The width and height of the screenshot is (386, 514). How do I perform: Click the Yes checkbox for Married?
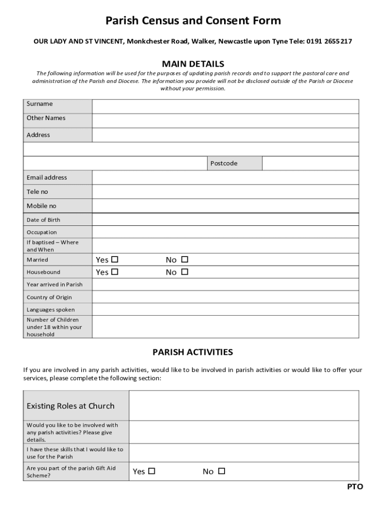tap(115, 260)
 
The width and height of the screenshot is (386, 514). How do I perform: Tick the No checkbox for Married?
tap(184, 260)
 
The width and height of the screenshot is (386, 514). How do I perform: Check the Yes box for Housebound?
tap(115, 272)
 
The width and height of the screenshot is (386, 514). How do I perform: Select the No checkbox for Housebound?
tap(184, 272)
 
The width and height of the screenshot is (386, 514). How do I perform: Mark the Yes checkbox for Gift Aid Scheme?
tap(152, 471)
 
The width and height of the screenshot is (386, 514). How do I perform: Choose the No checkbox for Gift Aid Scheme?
tap(222, 471)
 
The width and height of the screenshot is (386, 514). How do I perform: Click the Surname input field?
tap(225, 106)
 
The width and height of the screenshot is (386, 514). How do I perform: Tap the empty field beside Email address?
tap(225, 178)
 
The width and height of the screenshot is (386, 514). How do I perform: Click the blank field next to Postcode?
tap(310, 164)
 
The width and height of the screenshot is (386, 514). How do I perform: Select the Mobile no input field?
tap(225, 206)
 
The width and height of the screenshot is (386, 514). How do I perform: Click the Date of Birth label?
tap(43, 220)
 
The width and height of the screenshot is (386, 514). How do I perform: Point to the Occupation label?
tap(42, 232)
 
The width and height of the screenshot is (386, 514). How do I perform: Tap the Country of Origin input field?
tap(225, 297)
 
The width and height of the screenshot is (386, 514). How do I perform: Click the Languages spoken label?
tap(51, 310)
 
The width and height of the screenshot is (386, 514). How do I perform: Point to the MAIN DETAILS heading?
tap(193, 64)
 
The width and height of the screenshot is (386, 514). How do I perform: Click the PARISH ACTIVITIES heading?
tap(193, 352)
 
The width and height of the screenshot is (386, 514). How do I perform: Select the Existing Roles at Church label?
tap(70, 406)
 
